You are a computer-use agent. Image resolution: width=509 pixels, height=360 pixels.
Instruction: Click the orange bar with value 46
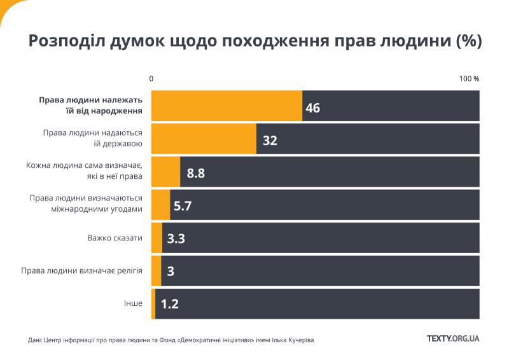pyautogui.click(x=227, y=106)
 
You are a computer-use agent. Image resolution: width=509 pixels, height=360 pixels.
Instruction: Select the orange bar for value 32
pyautogui.click(x=204, y=139)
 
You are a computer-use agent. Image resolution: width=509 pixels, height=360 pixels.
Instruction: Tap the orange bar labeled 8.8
pyautogui.click(x=165, y=172)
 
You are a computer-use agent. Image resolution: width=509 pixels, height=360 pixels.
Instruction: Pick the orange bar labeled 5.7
pyautogui.click(x=160, y=205)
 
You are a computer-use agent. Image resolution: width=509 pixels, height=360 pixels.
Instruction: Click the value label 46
pyautogui.click(x=312, y=108)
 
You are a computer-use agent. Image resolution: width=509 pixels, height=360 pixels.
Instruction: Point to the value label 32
pyautogui.click(x=270, y=141)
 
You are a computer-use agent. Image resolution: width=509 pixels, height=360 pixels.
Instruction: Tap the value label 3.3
pyautogui.click(x=176, y=239)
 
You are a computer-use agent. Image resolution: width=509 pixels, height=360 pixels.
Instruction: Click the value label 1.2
pyautogui.click(x=169, y=304)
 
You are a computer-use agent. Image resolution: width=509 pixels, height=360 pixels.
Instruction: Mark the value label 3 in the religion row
pyautogui.click(x=171, y=272)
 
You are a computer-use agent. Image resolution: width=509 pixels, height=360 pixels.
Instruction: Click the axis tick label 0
pyautogui.click(x=151, y=79)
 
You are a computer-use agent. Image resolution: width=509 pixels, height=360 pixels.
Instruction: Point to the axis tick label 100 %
pyautogui.click(x=469, y=79)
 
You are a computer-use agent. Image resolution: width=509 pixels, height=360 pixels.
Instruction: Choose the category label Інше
pyautogui.click(x=133, y=303)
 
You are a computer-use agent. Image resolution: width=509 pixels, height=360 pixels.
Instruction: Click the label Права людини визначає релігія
pyautogui.click(x=81, y=271)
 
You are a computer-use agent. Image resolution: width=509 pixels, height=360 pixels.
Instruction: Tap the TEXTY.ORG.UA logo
pyautogui.click(x=452, y=338)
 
